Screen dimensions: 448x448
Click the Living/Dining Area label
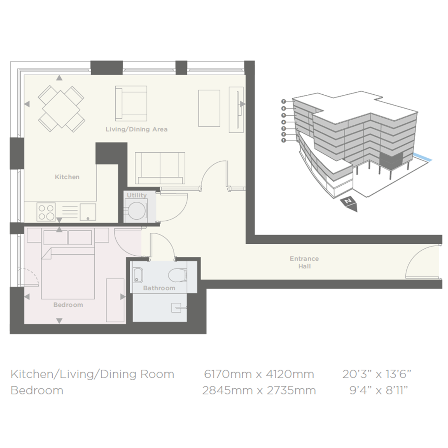[x=136, y=129]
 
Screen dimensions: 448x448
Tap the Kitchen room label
[x=67, y=177]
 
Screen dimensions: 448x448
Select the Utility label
[x=137, y=195]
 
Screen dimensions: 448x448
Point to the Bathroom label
[x=159, y=288]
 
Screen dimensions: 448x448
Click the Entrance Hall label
[x=304, y=262]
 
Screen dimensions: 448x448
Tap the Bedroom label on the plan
[x=68, y=305]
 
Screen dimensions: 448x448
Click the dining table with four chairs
[x=61, y=109]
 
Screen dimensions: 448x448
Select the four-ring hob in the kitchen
[x=46, y=212]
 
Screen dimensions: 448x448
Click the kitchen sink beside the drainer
[x=88, y=212]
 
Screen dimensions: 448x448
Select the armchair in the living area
[x=131, y=103]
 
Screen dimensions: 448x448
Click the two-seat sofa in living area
[x=160, y=168]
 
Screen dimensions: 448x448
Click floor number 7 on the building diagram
[x=284, y=101]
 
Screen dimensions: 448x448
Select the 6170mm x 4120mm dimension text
[x=259, y=374]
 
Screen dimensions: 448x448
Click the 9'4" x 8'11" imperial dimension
[x=379, y=390]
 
